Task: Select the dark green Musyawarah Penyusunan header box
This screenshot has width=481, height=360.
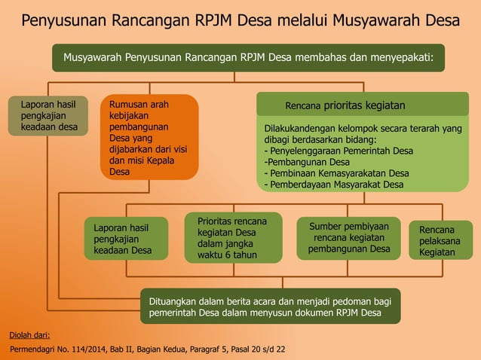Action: tap(248, 57)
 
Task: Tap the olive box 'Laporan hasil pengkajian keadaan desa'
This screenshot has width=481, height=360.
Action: tap(43, 116)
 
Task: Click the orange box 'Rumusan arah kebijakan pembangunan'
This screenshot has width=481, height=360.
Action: tap(149, 137)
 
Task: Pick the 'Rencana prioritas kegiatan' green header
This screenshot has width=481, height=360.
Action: tap(363, 105)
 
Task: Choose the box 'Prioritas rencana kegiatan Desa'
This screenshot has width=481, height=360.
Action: tap(234, 239)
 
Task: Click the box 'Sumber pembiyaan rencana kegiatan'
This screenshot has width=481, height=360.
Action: tap(349, 237)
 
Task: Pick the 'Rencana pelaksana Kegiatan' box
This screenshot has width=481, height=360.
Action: tap(437, 240)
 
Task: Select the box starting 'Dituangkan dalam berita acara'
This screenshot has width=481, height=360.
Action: tap(270, 306)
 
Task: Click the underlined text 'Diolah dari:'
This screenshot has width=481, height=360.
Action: tap(29, 334)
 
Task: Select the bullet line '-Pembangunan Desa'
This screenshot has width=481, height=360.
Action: tap(307, 161)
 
